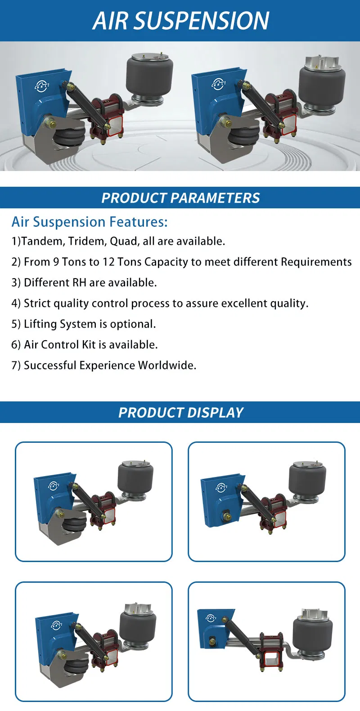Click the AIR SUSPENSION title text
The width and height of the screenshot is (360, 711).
(x=180, y=21)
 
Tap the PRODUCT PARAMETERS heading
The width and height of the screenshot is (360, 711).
(x=180, y=198)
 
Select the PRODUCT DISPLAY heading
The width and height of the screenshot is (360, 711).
(x=180, y=413)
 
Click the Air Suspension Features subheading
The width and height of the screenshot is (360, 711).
(x=90, y=222)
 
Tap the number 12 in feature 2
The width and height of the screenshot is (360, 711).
(x=108, y=262)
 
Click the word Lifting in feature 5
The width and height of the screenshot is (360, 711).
(x=40, y=324)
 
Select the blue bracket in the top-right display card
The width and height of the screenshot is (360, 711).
(x=220, y=499)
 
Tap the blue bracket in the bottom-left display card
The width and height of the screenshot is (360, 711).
(x=52, y=639)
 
